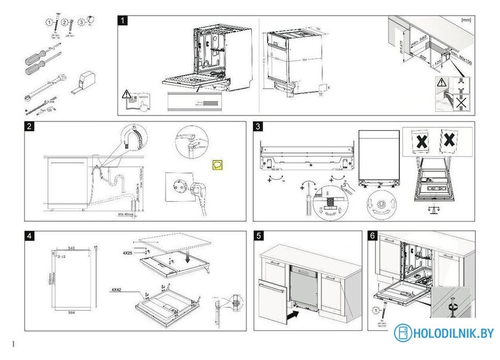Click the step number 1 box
tap(123, 20)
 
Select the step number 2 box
tap(29, 126)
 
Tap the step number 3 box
tap(258, 126)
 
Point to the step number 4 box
tap(29, 236)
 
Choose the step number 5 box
tap(258, 236)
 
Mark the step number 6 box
tap(373, 236)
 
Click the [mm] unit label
tap(466, 20)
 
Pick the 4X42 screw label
tap(120, 289)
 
